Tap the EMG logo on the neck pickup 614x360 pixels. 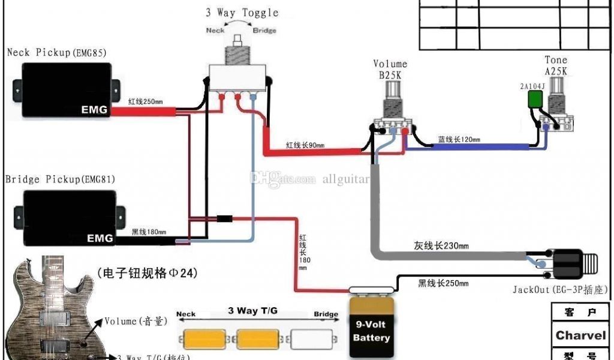coord(94,110)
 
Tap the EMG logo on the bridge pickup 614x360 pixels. coord(100,238)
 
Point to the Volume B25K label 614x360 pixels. coord(390,69)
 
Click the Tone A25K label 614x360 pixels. coord(555,65)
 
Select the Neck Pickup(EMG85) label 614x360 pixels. coord(57,53)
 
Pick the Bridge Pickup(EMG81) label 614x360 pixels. coord(60,179)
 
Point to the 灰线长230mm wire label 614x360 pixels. coord(441,245)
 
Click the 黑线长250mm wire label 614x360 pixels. coord(443,283)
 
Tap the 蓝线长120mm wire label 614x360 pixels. coord(459,140)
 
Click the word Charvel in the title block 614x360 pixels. coord(580,335)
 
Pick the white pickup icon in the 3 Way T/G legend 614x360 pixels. coord(312,339)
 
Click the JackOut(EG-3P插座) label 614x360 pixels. coord(559,290)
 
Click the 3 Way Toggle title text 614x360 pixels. coord(242,13)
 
